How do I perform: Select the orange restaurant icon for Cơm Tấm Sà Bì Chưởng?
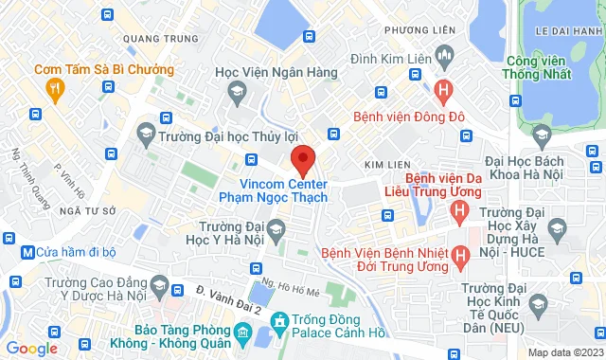55,89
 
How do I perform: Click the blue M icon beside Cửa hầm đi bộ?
27,253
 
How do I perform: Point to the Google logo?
30,349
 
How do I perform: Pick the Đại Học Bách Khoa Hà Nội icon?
540,134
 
